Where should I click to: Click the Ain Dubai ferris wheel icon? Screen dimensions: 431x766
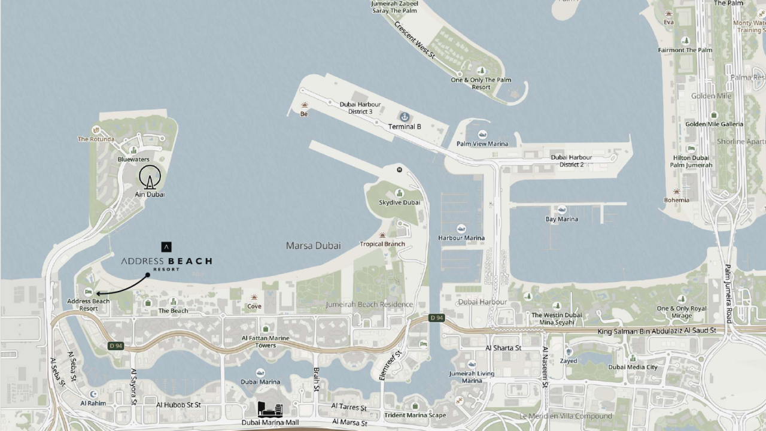coord(150,177)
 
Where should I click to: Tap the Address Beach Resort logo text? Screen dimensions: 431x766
coord(166,262)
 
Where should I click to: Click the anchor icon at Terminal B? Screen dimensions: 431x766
coord(405,116)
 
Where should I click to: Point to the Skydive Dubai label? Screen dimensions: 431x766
coord(399,202)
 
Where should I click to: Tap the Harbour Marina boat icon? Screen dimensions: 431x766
coord(461,229)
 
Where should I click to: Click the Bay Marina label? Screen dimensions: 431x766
coord(562,219)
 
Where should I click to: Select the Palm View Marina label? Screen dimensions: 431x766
coord(482,144)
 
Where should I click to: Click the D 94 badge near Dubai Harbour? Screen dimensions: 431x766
coord(436,318)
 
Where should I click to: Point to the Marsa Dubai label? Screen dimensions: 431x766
coord(313,245)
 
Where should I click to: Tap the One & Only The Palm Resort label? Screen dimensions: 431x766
coord(481,83)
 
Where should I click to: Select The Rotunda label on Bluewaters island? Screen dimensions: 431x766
coord(96,139)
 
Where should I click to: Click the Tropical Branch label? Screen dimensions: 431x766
coord(382,244)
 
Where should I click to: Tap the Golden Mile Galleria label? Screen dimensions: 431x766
coord(714,124)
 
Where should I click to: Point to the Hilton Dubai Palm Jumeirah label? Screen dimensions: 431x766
coord(691,162)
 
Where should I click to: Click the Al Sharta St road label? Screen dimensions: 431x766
coord(503,348)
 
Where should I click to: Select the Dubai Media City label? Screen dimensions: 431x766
coord(633,367)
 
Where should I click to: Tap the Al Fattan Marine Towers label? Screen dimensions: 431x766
coord(266,342)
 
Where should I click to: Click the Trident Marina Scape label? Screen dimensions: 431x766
coord(415,415)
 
